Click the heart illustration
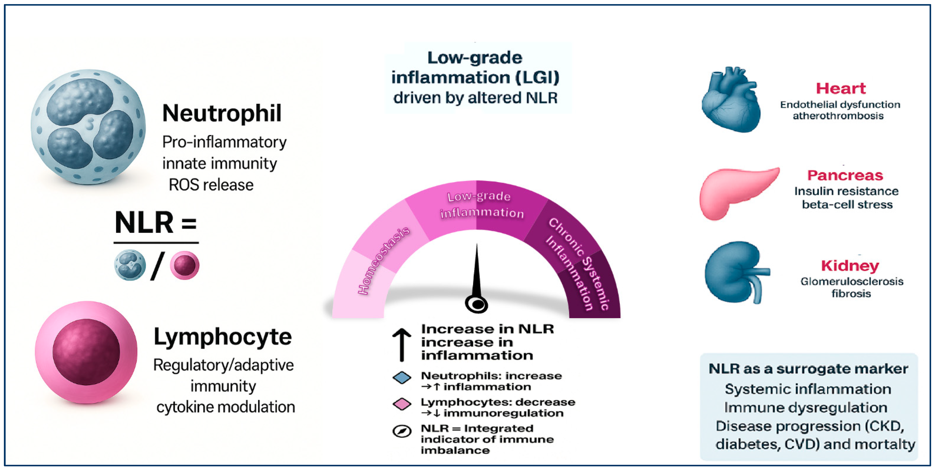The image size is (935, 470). [x=731, y=100]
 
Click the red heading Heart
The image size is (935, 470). [x=841, y=88]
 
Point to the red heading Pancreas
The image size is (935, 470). [x=845, y=175]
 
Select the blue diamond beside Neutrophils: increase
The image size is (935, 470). [x=402, y=378]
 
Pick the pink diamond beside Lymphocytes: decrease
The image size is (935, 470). [x=402, y=404]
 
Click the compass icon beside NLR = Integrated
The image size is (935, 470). [x=402, y=431]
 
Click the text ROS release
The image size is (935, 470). [x=211, y=185]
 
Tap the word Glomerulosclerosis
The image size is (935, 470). [x=852, y=281]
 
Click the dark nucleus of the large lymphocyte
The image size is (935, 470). [x=86, y=352]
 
